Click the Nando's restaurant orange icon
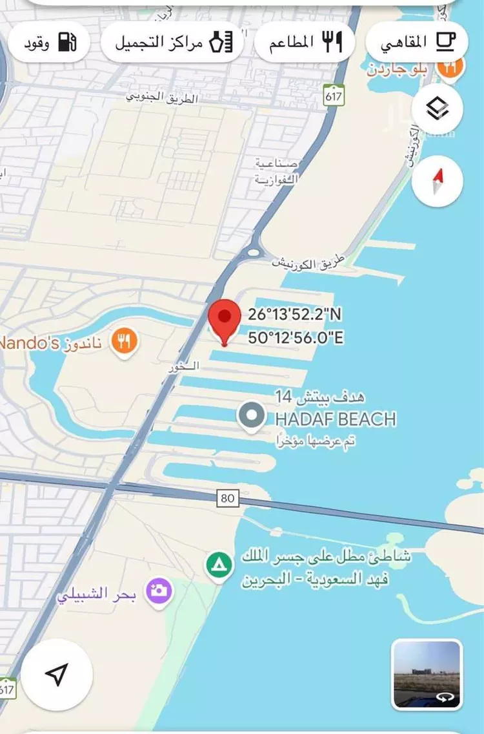click(123, 341)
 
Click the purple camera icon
click(159, 591)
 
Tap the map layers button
click(437, 110)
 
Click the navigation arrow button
click(57, 675)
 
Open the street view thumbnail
click(427, 674)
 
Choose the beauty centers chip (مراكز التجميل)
click(172, 43)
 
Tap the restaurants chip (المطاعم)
click(305, 43)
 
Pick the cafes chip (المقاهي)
click(416, 43)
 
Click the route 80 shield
click(227, 498)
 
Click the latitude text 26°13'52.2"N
click(295, 315)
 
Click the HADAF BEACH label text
click(336, 419)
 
